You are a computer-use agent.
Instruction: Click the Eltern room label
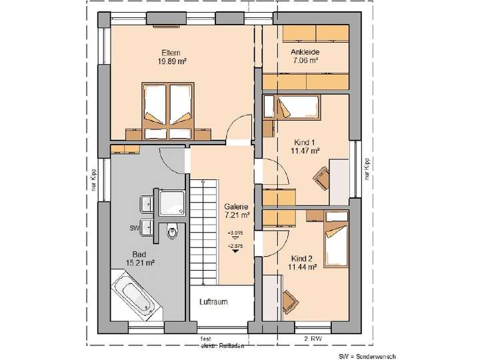[x=171, y=52]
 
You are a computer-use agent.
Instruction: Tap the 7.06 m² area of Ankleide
[x=304, y=60]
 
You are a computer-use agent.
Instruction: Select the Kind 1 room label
[x=305, y=142]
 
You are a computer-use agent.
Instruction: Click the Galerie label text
[x=236, y=207]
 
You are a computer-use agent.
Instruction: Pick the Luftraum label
[x=213, y=302]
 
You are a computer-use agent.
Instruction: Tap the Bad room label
[x=139, y=254]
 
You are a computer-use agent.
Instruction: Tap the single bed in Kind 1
[x=296, y=107]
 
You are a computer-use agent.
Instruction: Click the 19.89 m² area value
[x=172, y=61]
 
